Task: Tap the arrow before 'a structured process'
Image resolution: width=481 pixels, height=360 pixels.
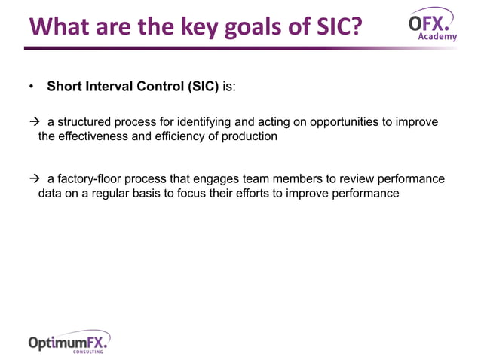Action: click(x=34, y=122)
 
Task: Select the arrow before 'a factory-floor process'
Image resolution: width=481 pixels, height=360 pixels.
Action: click(x=34, y=178)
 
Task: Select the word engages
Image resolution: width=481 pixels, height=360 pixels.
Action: click(x=226, y=178)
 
